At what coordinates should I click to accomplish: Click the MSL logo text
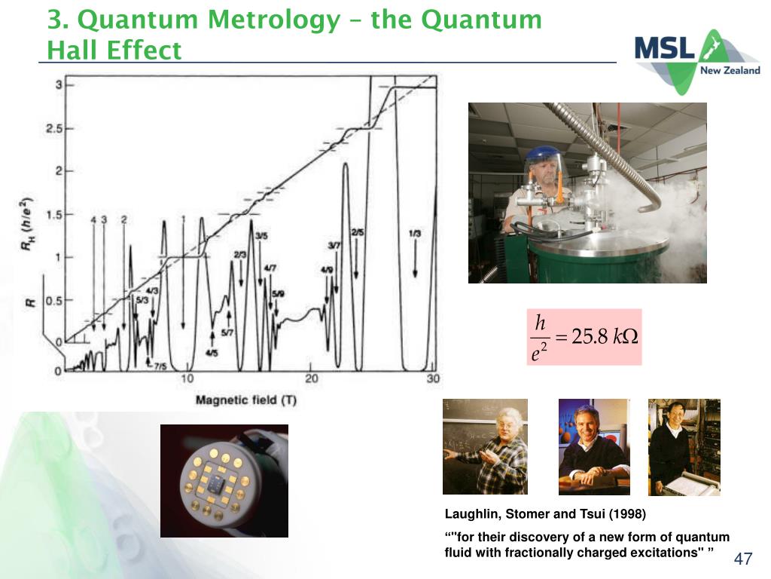[664, 47]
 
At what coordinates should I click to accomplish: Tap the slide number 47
[743, 559]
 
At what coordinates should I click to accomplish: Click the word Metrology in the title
[273, 20]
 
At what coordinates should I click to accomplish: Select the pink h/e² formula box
[584, 337]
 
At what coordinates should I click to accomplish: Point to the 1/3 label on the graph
[415, 233]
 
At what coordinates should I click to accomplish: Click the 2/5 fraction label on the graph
[358, 232]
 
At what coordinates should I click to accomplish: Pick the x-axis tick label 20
[311, 378]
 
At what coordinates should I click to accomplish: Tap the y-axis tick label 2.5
[53, 128]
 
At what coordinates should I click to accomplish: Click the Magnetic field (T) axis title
[246, 400]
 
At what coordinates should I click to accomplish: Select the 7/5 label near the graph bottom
[160, 366]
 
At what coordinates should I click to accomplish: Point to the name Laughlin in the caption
[474, 514]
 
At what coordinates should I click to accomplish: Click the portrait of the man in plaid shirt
[485, 446]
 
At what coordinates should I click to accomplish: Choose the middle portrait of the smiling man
[594, 446]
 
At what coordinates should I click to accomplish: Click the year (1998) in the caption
[627, 514]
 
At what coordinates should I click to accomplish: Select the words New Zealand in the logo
[730, 70]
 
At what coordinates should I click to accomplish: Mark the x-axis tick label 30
[433, 378]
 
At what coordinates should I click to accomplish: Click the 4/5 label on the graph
[212, 353]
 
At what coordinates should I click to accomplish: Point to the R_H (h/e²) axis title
[26, 223]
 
